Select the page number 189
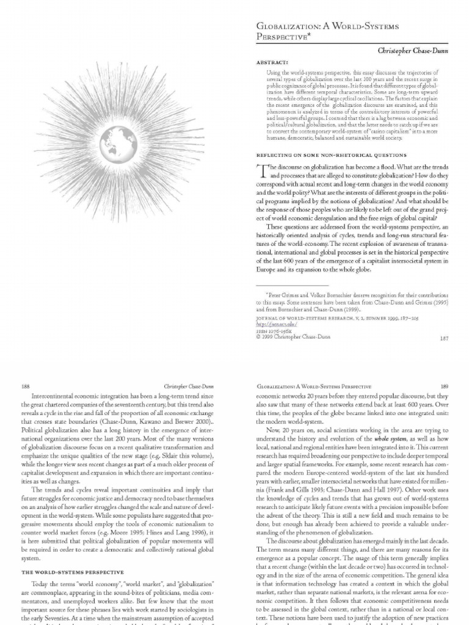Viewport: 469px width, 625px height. tap(445, 386)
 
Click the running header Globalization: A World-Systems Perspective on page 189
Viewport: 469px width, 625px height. tap(311, 386)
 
